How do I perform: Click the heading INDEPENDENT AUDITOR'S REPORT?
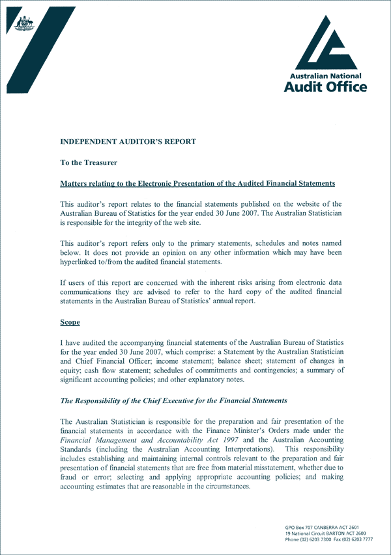pos(128,141)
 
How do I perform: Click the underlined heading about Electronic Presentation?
pos(197,183)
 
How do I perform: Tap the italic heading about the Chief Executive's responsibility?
pos(173,400)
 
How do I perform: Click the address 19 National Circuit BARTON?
pos(321,533)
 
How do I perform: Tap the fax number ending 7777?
pos(354,539)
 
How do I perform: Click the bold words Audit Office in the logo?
pos(325,86)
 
